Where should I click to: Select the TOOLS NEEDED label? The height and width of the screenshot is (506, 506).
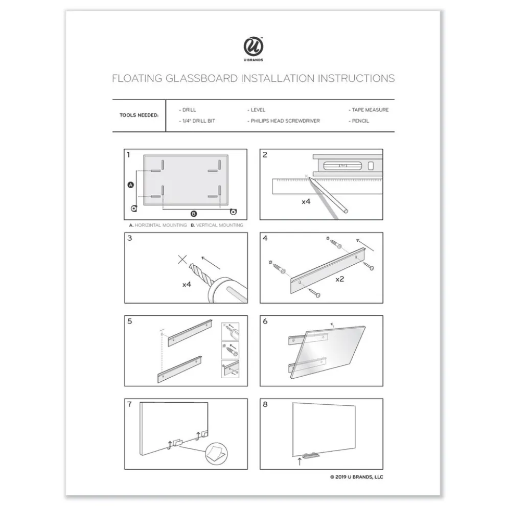pos(139,116)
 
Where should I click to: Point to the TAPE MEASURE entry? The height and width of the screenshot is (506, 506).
pos(369,110)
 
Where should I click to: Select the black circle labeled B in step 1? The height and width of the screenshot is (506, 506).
pos(193,214)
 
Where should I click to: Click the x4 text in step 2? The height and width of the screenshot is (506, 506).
pos(306,201)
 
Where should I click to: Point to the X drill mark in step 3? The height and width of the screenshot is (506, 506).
pos(182,260)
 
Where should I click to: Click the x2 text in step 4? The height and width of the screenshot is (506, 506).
pos(339,280)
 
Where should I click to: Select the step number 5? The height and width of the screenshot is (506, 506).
pos(130,321)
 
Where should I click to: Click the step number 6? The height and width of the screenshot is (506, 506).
pos(265,321)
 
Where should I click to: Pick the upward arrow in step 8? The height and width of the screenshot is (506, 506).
pos(299,461)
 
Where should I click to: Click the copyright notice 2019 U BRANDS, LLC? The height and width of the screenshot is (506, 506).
pos(356,477)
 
